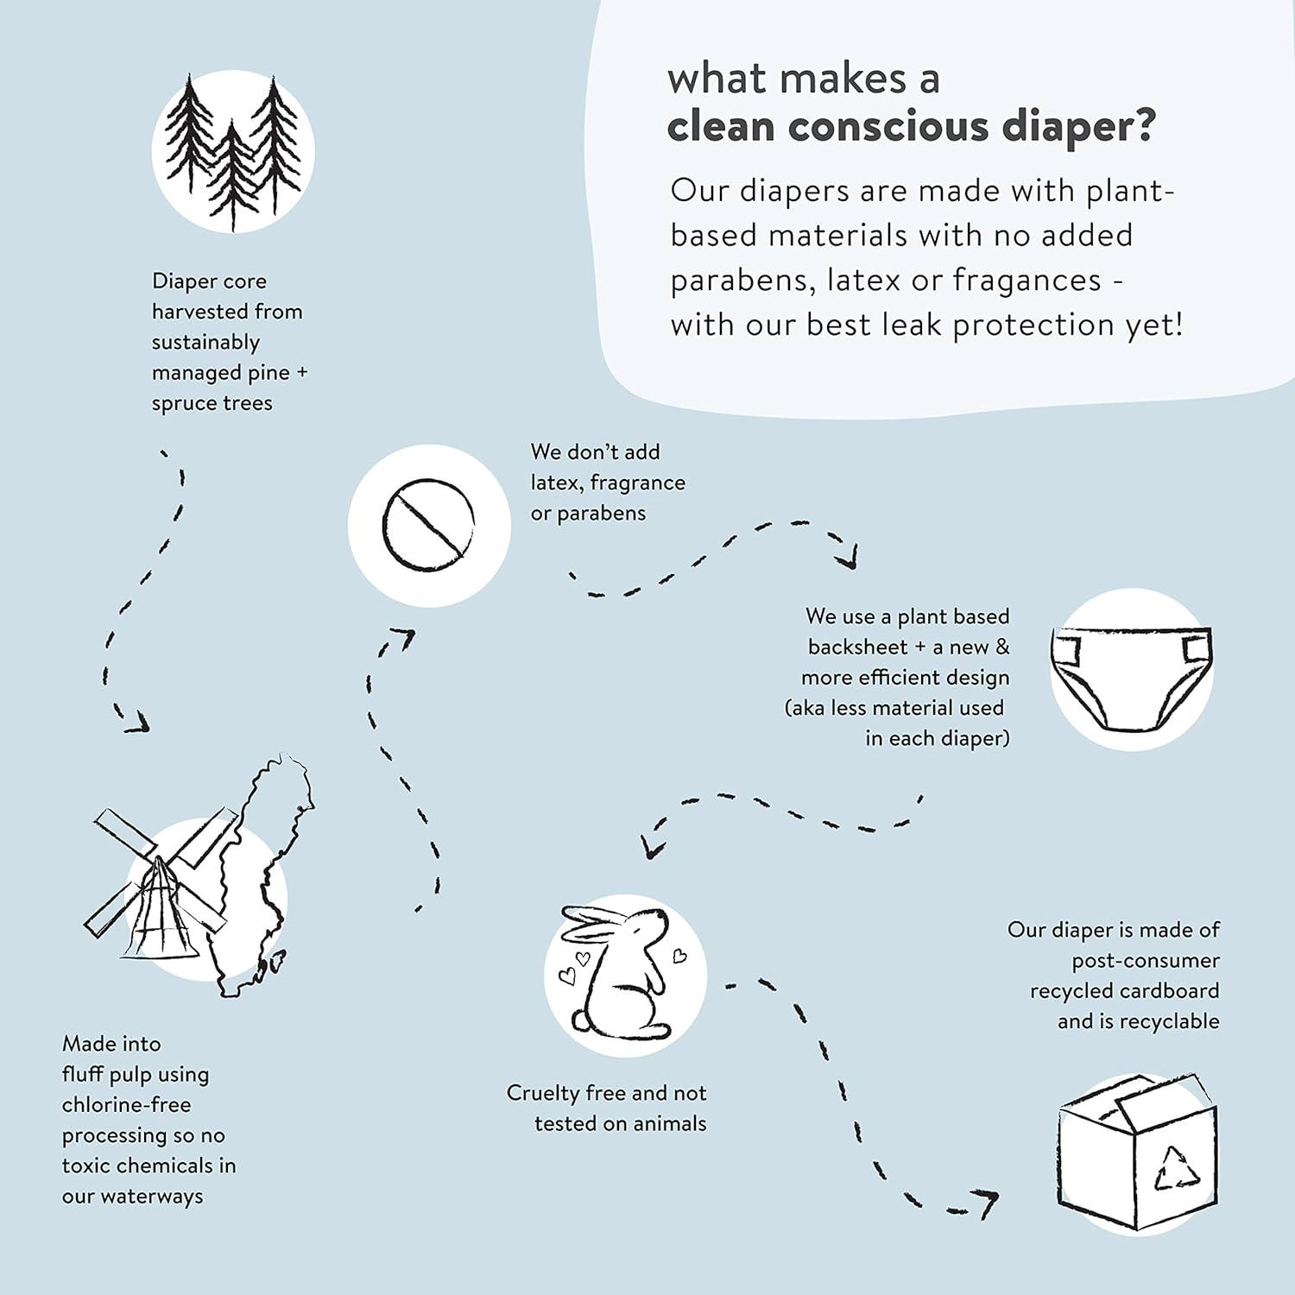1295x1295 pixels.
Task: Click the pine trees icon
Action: click(233, 152)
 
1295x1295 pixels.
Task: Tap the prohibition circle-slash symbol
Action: click(428, 525)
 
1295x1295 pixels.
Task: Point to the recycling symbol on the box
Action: click(1178, 1167)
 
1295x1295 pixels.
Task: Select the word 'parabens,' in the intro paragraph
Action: click(742, 281)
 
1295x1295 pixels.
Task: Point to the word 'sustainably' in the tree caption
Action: click(205, 343)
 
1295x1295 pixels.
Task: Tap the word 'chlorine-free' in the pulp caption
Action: click(126, 1105)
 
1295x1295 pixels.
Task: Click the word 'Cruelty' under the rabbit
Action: click(542, 1094)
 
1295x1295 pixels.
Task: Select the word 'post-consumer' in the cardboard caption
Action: click(1146, 961)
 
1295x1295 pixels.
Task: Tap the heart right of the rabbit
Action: click(679, 956)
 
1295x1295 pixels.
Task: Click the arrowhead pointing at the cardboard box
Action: click(984, 1202)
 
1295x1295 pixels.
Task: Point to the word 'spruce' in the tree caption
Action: click(181, 404)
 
